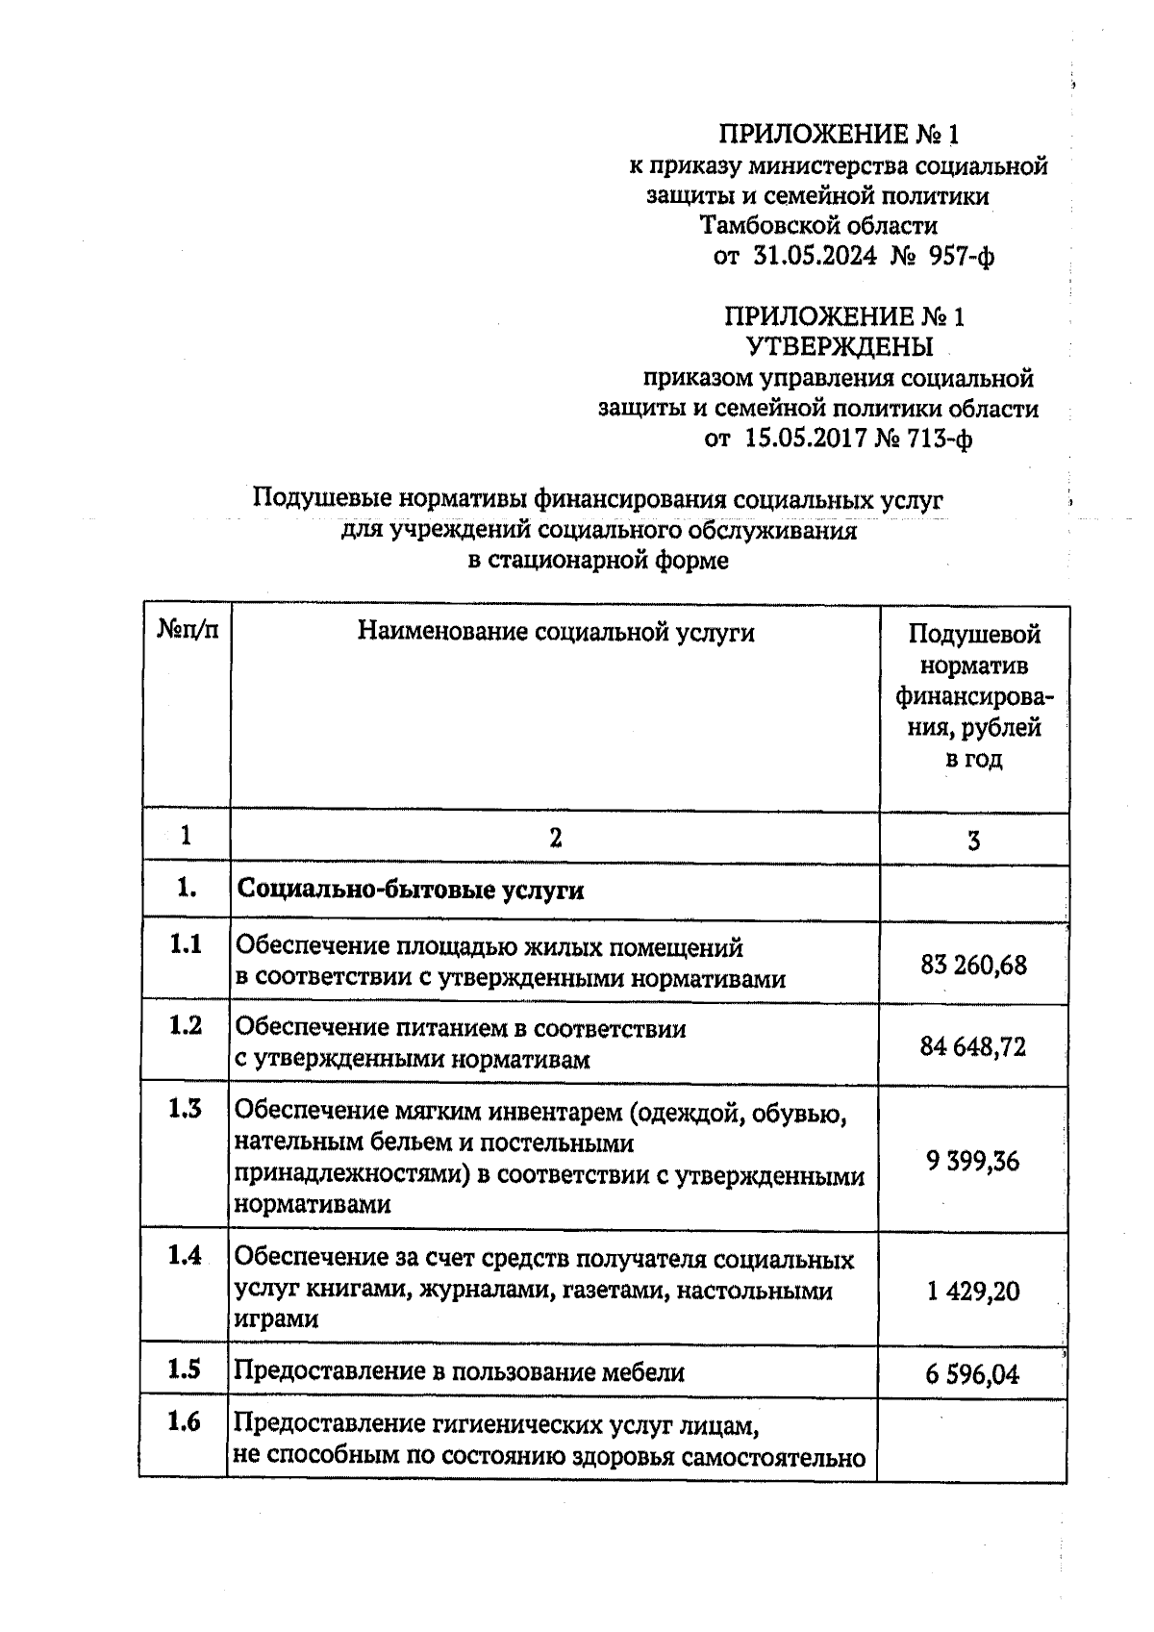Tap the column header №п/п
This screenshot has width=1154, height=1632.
187,631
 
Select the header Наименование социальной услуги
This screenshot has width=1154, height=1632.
555,632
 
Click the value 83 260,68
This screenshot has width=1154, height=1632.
973,965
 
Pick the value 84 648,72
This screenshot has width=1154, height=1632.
973,1046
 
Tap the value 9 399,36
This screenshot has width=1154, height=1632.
973,1162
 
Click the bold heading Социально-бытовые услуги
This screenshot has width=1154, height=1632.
411,891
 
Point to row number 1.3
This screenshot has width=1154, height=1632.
185,1110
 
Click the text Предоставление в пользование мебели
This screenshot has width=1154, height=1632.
460,1372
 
